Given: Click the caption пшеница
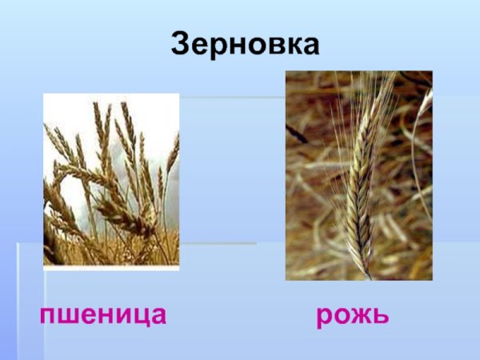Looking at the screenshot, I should (x=103, y=314).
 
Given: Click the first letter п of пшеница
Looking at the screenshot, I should (x=48, y=316).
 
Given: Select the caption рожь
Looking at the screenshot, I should (x=352, y=314).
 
